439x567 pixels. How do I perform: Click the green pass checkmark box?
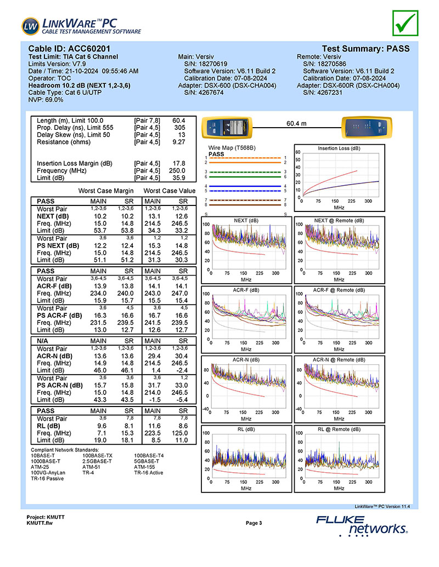[x=406, y=23]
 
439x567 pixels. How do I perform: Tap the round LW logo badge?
[x=30, y=26]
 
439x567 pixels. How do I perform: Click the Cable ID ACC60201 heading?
[x=69, y=48]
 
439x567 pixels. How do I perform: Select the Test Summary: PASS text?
[x=366, y=48]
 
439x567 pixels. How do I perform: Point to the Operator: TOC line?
[x=49, y=78]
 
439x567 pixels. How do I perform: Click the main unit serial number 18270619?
[x=212, y=64]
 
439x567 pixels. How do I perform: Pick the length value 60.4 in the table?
[x=179, y=121]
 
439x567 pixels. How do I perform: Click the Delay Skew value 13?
[x=182, y=135]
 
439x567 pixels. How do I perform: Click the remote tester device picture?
[x=367, y=128]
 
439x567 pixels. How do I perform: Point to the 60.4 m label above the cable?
[x=296, y=123]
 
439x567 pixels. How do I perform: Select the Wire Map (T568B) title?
[x=232, y=147]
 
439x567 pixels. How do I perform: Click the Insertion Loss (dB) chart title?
[x=339, y=148]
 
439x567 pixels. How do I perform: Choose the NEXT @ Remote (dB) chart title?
[x=339, y=221]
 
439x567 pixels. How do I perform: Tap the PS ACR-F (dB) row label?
[x=59, y=316]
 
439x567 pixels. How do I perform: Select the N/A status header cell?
[x=42, y=341]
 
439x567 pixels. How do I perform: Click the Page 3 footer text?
[x=254, y=523]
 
